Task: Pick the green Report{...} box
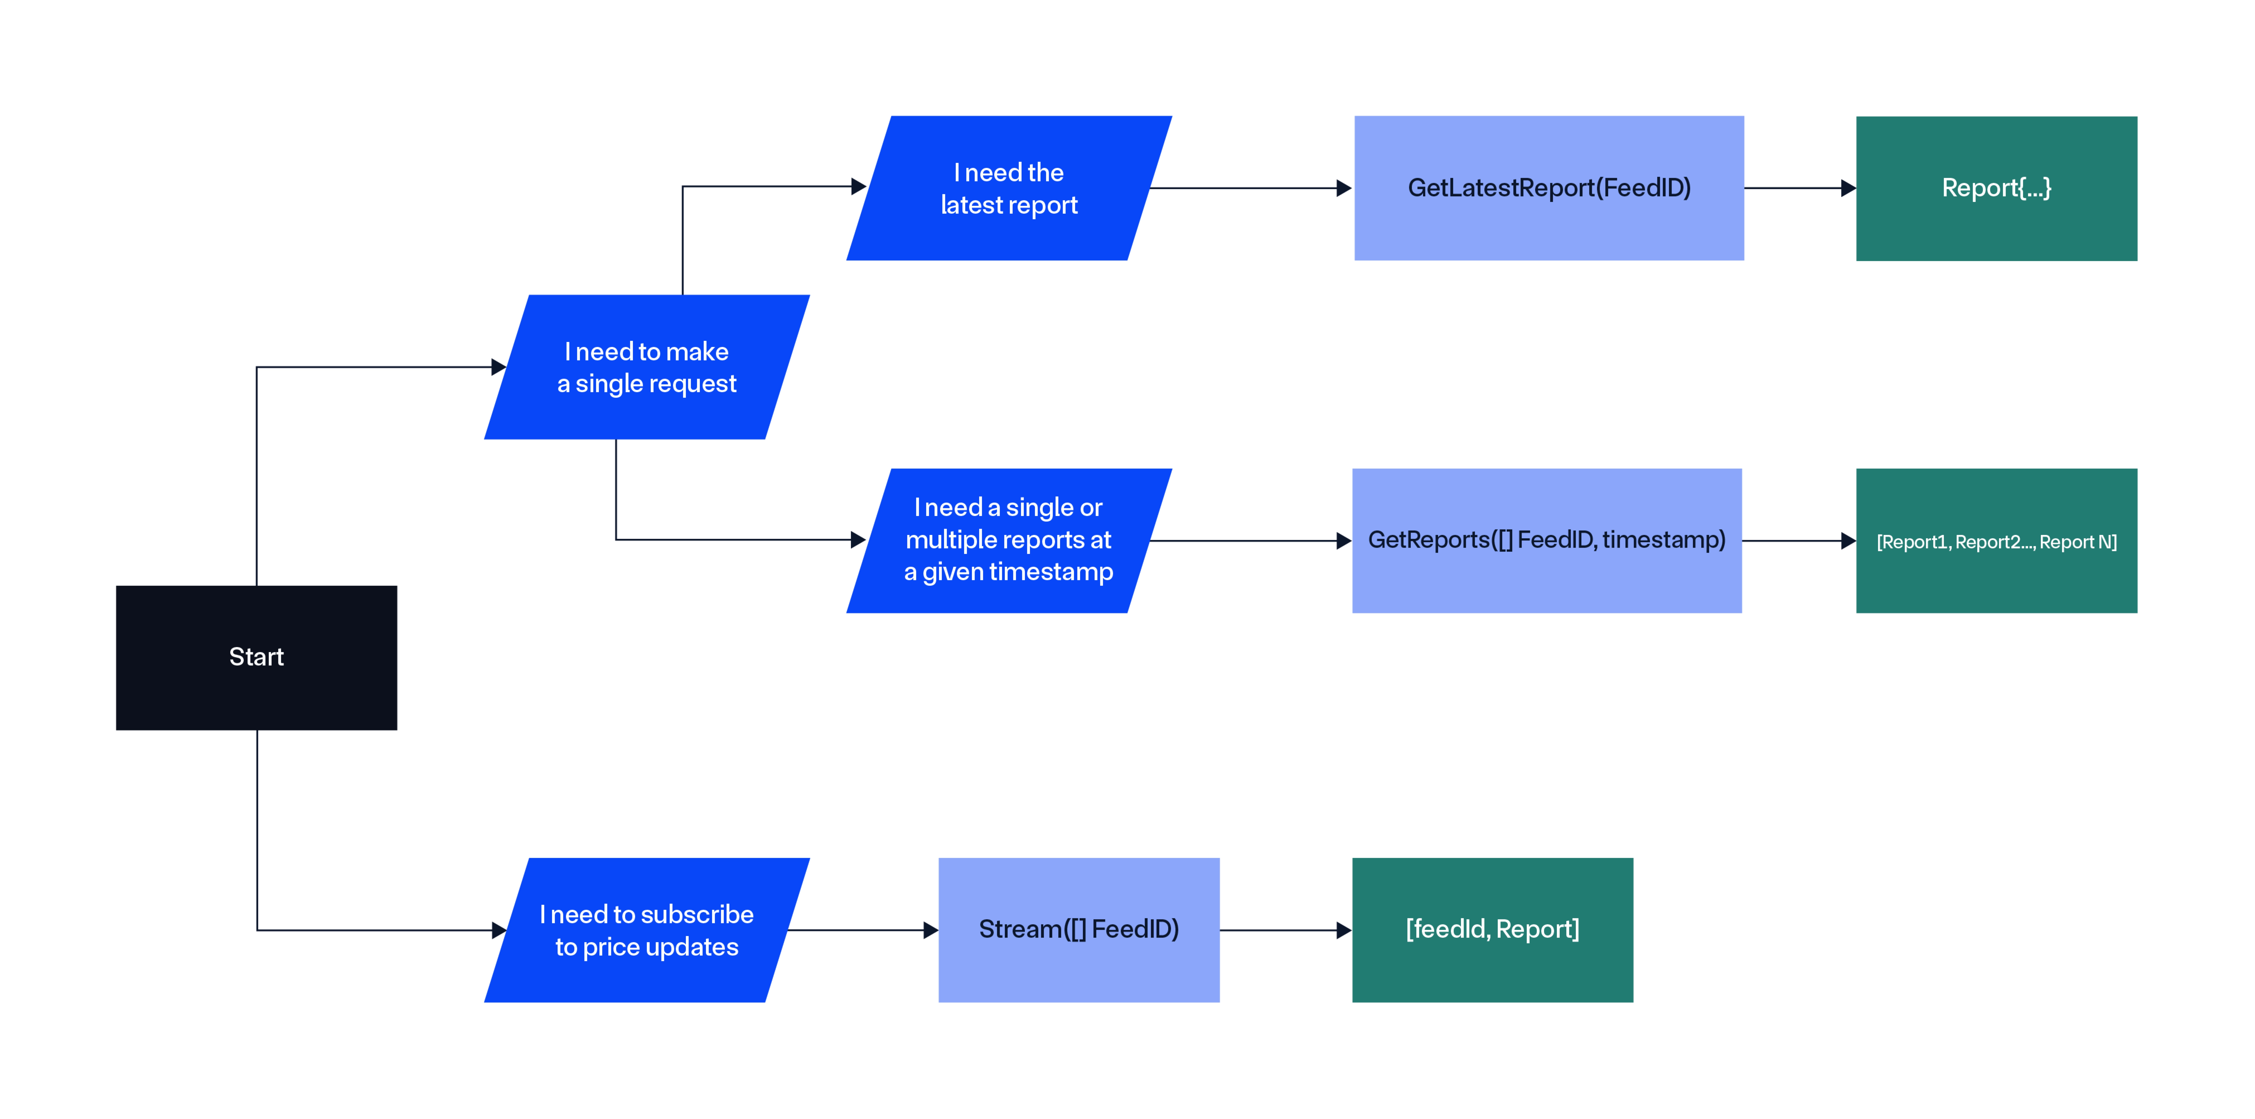[x=1996, y=188]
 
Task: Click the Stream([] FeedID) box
[x=1078, y=930]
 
